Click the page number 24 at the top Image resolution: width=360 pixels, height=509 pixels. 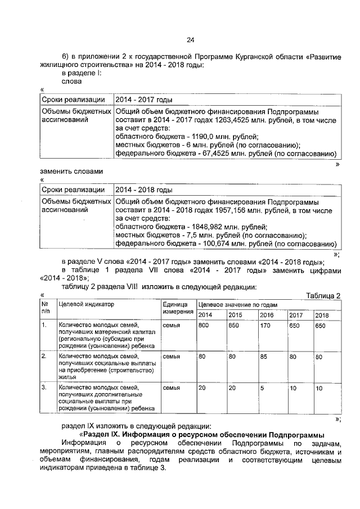click(x=190, y=39)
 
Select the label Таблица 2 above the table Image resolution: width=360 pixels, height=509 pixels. click(x=323, y=296)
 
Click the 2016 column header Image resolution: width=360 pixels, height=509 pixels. click(x=267, y=315)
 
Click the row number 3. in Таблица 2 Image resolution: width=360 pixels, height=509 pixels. click(x=44, y=388)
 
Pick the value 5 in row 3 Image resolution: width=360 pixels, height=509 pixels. click(x=262, y=388)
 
